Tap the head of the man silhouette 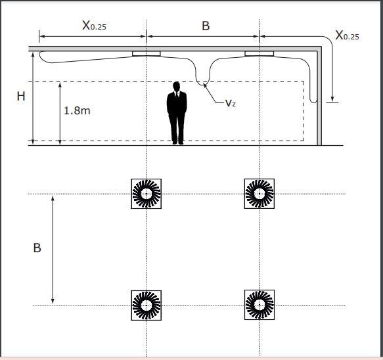[x=176, y=86]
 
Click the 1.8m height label [x=77, y=111]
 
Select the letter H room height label [x=21, y=96]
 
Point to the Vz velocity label [x=231, y=103]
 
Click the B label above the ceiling [x=206, y=26]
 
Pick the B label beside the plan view [x=37, y=248]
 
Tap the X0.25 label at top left [x=95, y=26]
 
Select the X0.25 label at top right [x=347, y=35]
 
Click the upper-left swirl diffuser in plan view [x=146, y=194]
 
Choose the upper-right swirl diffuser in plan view [x=259, y=194]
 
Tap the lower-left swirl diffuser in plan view [x=146, y=305]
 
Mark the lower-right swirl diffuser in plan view [x=259, y=305]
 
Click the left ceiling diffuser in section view [x=146, y=53]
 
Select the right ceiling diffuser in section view [x=259, y=53]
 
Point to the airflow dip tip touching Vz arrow [x=204, y=85]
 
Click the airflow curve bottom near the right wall [x=313, y=102]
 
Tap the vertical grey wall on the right [x=319, y=98]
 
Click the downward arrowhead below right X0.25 [x=332, y=99]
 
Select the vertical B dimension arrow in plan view [x=53, y=250]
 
